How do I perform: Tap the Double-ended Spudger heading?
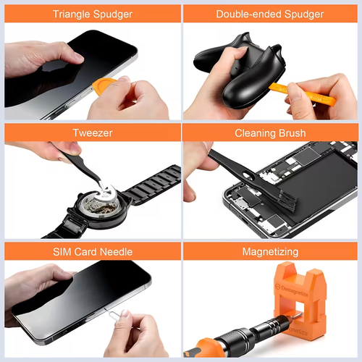269,14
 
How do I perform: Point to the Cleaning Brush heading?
269,133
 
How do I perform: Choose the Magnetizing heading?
269,251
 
